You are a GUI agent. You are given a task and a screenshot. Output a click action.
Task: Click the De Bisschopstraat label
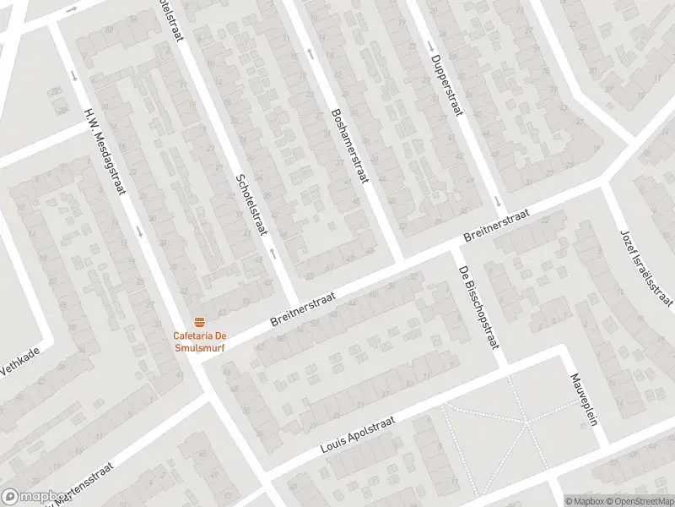click(478, 307)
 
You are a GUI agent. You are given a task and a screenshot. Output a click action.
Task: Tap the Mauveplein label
click(583, 400)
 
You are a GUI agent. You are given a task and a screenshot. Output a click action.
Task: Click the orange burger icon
click(200, 322)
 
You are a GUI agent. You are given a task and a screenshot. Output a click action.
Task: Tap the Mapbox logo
click(34, 497)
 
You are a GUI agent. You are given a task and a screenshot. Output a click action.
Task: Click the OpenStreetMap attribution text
click(639, 500)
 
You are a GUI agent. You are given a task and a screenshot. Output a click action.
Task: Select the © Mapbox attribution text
click(583, 500)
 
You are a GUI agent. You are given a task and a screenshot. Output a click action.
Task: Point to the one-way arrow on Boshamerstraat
click(311, 53)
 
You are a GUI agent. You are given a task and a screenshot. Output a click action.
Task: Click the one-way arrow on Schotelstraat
click(272, 252)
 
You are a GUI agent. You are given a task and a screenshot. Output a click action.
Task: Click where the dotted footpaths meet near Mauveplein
click(525, 420)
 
